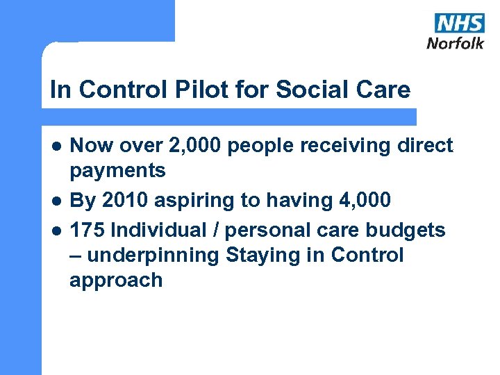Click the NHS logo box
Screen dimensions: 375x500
(x=459, y=23)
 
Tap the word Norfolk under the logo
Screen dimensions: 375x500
(x=456, y=43)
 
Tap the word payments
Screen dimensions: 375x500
(x=117, y=170)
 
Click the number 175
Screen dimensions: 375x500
(x=89, y=229)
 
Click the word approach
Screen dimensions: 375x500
(x=116, y=281)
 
